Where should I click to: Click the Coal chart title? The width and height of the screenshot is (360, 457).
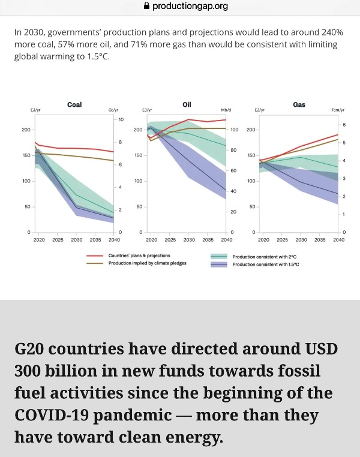click(74, 104)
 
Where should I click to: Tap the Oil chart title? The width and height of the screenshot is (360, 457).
click(187, 104)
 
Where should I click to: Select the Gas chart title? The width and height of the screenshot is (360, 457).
click(299, 104)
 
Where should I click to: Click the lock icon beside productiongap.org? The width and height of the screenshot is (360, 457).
click(146, 6)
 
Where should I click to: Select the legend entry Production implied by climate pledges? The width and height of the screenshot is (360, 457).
click(147, 263)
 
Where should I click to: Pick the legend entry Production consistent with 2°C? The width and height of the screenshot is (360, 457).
click(265, 256)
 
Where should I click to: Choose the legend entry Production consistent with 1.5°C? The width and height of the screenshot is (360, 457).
click(266, 264)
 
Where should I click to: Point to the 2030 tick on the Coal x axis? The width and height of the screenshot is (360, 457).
click(77, 240)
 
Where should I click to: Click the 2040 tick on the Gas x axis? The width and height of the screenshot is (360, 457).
click(338, 240)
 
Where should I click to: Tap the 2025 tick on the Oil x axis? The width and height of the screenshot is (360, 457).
click(170, 240)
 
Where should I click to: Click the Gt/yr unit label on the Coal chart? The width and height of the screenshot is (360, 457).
click(113, 110)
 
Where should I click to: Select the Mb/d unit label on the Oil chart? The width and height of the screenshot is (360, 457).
click(226, 110)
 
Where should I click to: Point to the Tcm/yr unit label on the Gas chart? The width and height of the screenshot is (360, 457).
click(338, 110)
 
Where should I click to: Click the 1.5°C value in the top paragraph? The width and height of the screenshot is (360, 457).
click(103, 56)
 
